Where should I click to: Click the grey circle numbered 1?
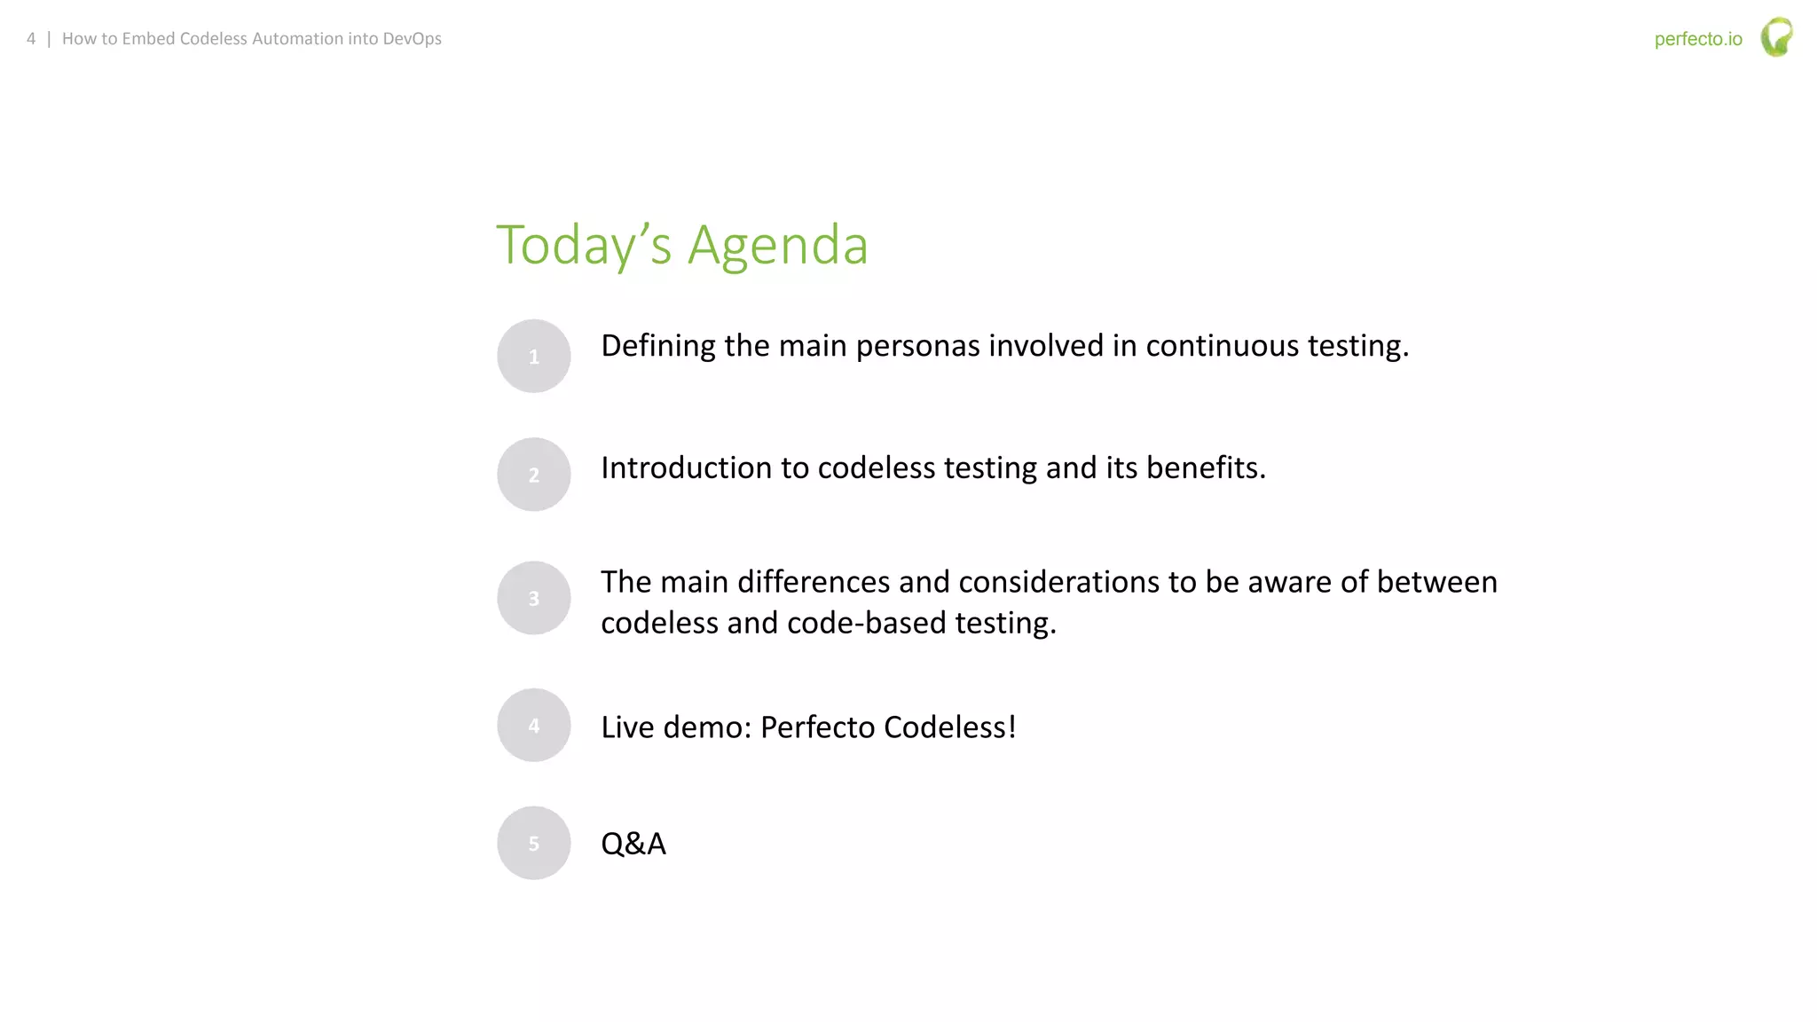click(x=533, y=356)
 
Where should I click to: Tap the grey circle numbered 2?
click(x=533, y=475)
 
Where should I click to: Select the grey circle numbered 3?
click(x=533, y=598)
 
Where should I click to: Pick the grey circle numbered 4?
click(x=533, y=725)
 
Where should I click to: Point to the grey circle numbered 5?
click(x=533, y=843)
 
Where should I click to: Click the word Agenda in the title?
click(x=777, y=245)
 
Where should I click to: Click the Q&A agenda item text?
click(x=633, y=843)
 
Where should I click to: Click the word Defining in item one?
click(x=657, y=346)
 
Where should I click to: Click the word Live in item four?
click(x=628, y=727)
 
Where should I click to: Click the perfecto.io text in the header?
click(x=1698, y=39)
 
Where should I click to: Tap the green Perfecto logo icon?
click(x=1776, y=37)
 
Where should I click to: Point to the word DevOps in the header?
click(x=412, y=39)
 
